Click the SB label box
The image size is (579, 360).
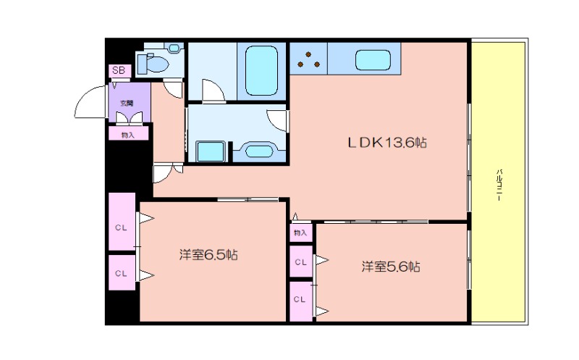119,70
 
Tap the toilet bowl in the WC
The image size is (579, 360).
156,64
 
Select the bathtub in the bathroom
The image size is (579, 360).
261,70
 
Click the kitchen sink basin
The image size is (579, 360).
373,60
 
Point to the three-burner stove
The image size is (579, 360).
309,59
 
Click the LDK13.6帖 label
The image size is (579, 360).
387,143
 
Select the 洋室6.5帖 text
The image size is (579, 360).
208,255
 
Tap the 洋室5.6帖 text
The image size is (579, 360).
390,267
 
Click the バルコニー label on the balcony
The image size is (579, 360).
499,185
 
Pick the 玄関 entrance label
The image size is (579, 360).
127,103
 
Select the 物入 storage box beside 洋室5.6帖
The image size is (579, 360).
300,233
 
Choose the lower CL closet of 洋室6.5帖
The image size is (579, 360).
122,273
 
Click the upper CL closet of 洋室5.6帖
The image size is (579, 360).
300,261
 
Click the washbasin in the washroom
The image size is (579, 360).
259,151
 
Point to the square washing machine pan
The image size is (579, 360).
211,151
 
